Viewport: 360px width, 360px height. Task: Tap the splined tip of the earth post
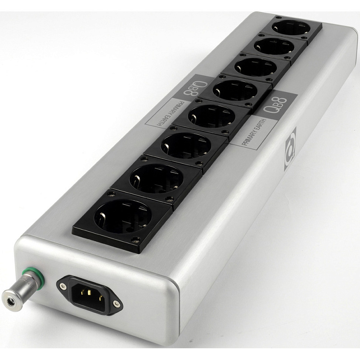[9, 300]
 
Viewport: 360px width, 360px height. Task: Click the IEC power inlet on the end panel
[90, 295]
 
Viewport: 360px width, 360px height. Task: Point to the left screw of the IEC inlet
[63, 286]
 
